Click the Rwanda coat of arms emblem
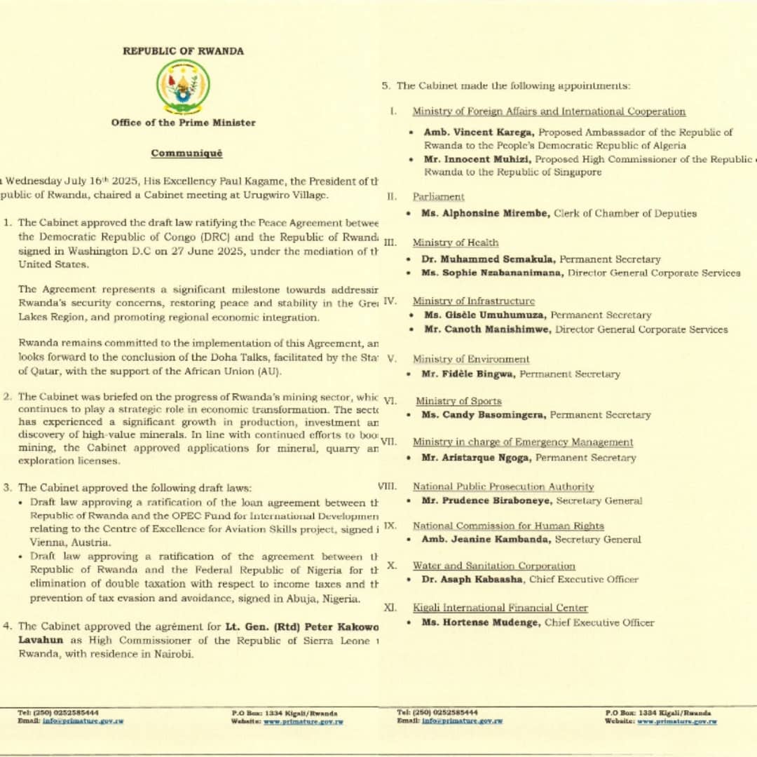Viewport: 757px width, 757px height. click(x=182, y=86)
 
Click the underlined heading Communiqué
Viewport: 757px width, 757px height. click(x=186, y=153)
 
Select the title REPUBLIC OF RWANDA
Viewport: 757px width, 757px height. click(x=184, y=51)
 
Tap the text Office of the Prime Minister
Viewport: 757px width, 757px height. click(x=183, y=123)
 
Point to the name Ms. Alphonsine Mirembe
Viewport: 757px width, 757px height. click(x=484, y=213)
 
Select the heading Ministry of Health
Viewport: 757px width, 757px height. click(x=456, y=243)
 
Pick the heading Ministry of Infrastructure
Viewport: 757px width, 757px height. click(x=473, y=301)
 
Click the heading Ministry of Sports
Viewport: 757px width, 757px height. click(x=458, y=401)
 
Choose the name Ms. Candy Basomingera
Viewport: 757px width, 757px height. click(x=484, y=415)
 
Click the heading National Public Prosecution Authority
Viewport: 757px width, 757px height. click(x=503, y=486)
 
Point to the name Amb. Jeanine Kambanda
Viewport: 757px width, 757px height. click(x=487, y=540)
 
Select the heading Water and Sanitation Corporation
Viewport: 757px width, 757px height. click(x=493, y=566)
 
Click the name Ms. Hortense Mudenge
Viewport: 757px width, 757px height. click(x=480, y=622)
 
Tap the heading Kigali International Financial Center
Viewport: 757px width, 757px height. click(x=500, y=608)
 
